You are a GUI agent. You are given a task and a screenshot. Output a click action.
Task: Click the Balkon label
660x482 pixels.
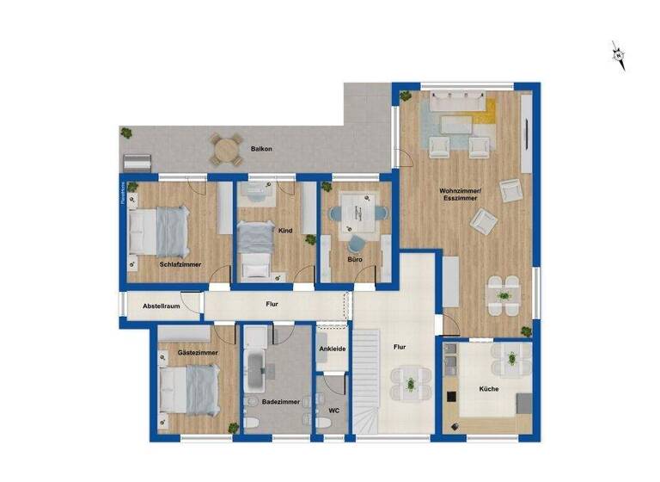pyautogui.click(x=261, y=149)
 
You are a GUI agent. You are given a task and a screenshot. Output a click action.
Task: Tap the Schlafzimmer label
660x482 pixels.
pyautogui.click(x=180, y=264)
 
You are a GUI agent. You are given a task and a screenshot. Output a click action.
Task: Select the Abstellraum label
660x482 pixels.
pyautogui.click(x=161, y=306)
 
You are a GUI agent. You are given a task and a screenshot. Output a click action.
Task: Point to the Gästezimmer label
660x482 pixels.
pyautogui.click(x=197, y=353)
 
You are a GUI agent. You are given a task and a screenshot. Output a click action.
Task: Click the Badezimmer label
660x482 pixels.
pyautogui.click(x=280, y=401)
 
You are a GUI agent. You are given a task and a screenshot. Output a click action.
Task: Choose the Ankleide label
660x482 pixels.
pyautogui.click(x=333, y=349)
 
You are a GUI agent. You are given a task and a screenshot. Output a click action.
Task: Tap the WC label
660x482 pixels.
pyautogui.click(x=333, y=410)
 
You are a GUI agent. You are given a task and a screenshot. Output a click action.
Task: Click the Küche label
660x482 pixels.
pyautogui.click(x=488, y=389)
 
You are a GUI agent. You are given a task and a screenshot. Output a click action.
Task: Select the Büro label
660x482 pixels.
pyautogui.click(x=355, y=258)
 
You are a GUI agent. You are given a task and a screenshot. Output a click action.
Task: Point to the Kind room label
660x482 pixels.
pyautogui.click(x=286, y=231)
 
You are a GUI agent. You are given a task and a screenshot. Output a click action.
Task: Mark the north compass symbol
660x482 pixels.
pyautogui.click(x=617, y=55)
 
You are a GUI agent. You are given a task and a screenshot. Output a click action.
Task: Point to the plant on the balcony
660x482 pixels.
pyautogui.click(x=126, y=133)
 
